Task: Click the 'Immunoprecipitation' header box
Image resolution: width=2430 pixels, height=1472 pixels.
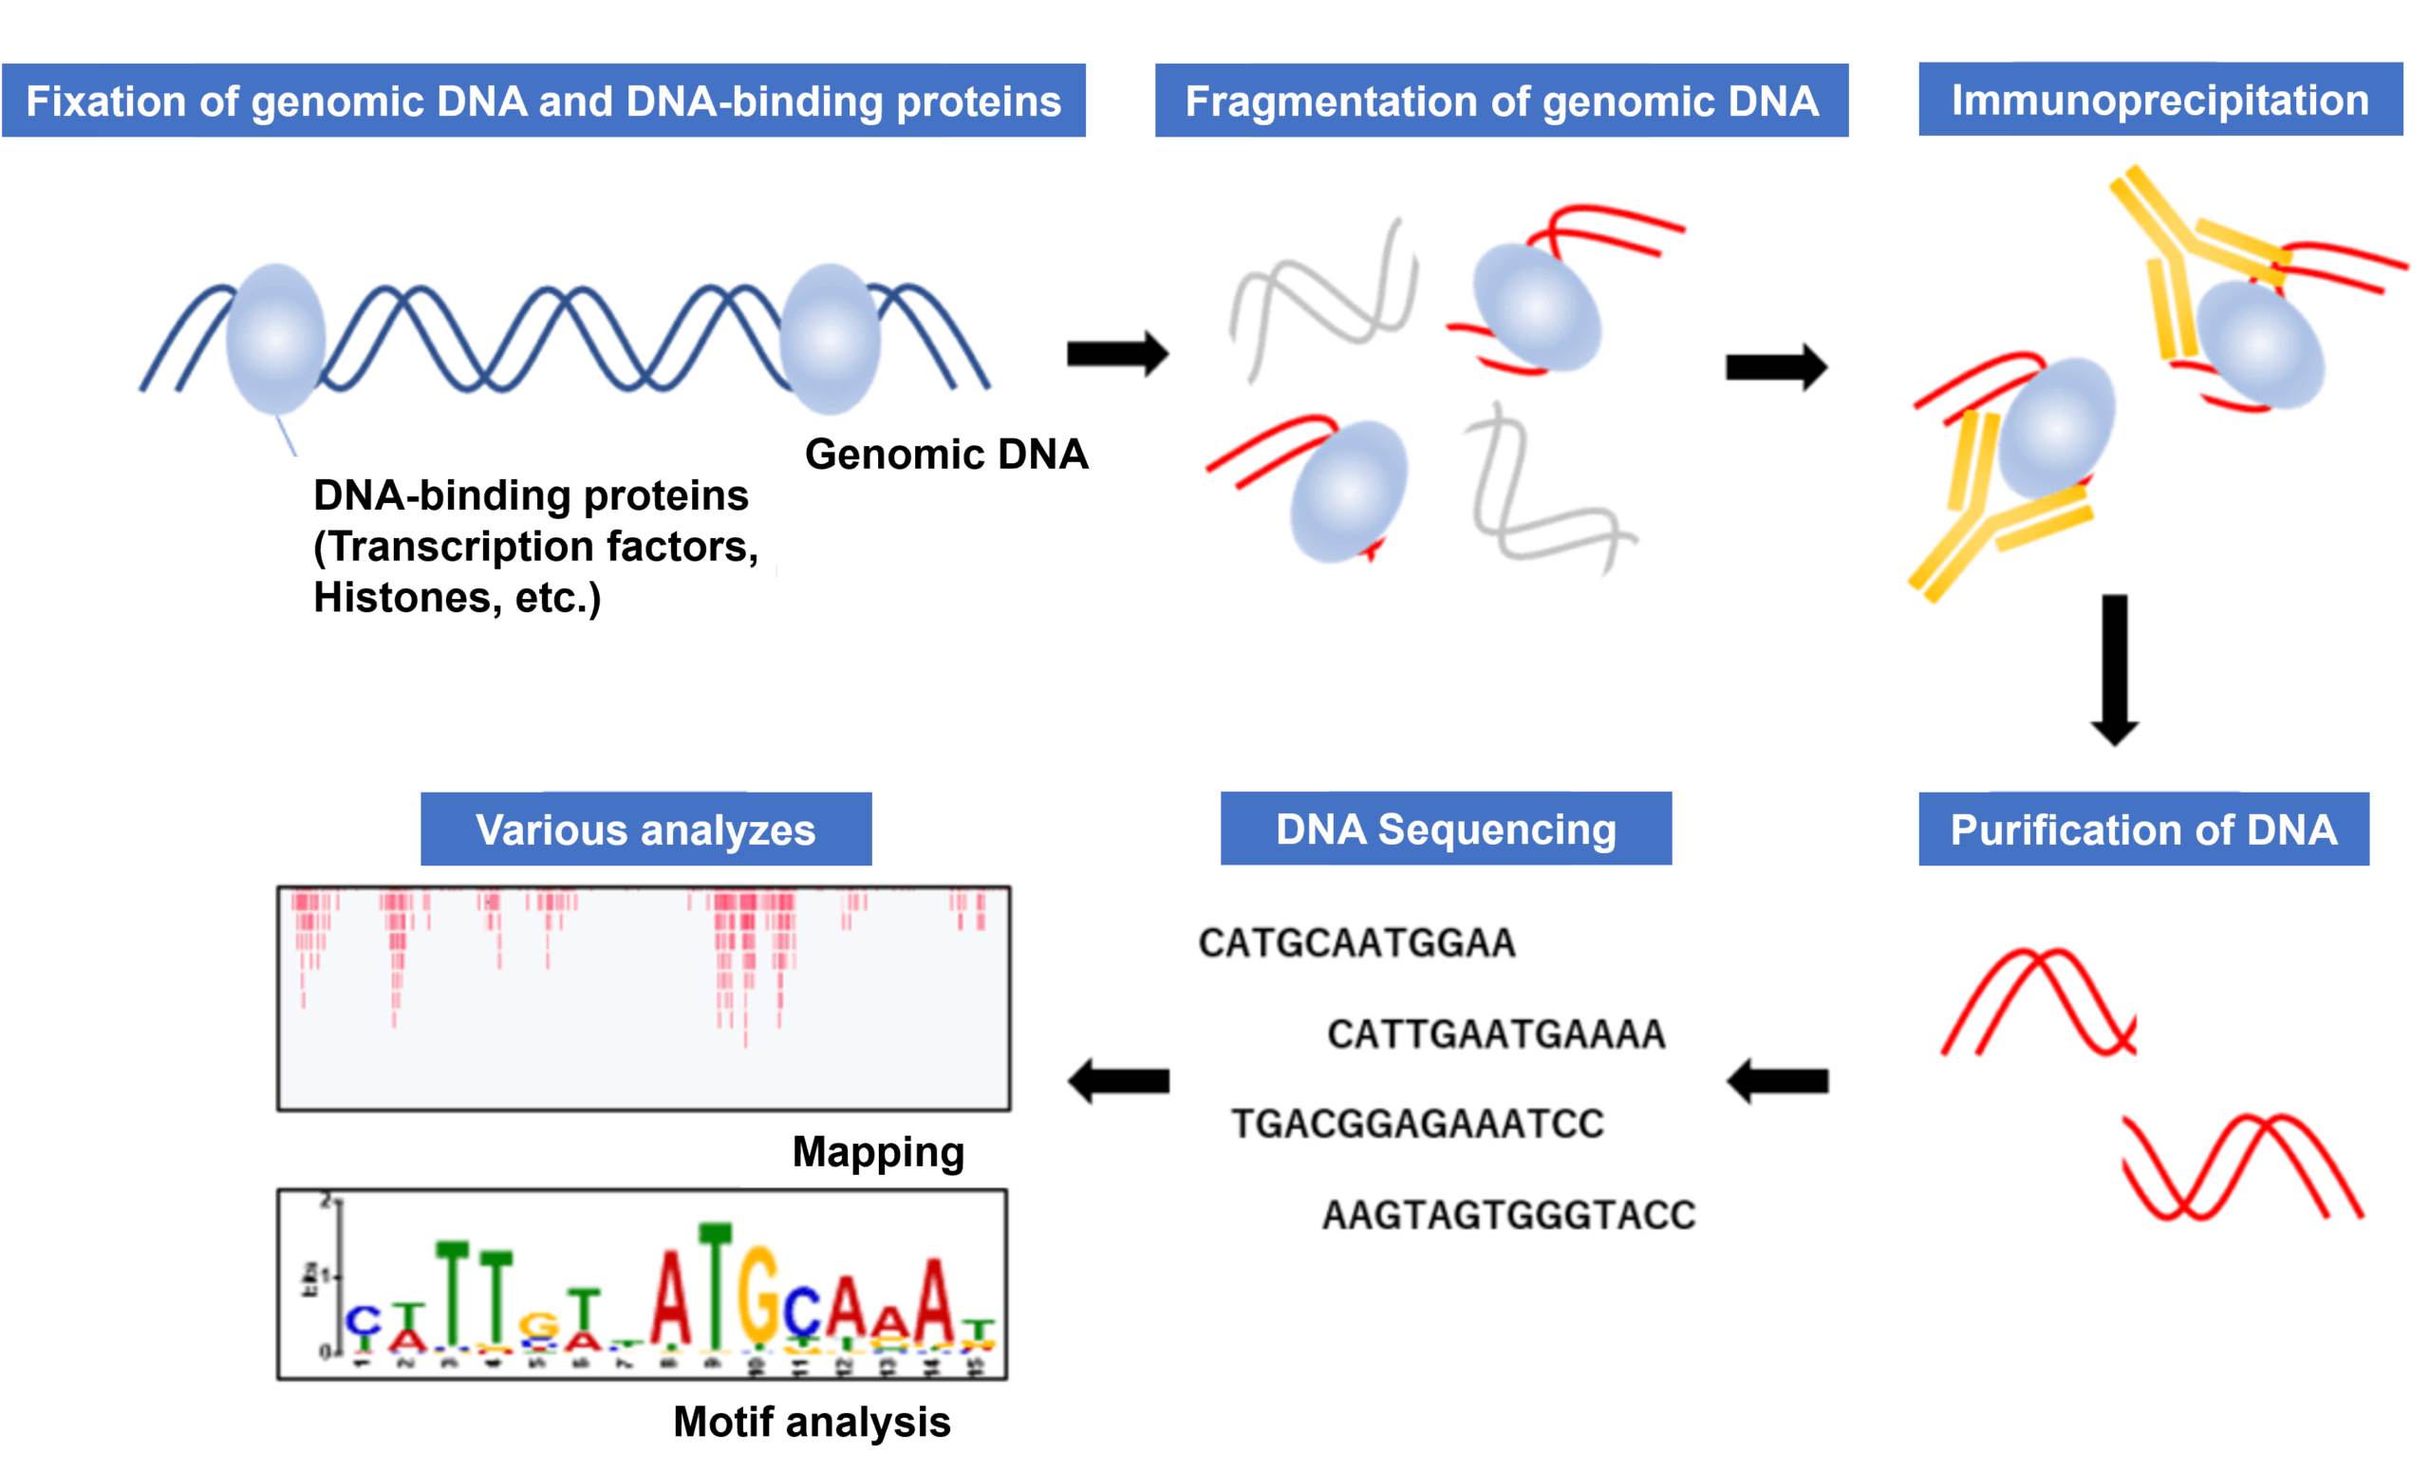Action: (x=2159, y=100)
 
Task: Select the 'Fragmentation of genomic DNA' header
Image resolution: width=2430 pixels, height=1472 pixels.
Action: (x=1501, y=101)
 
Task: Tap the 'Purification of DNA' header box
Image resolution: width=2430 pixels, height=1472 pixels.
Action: (x=2143, y=829)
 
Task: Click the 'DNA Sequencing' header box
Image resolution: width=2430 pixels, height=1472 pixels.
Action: (x=1446, y=829)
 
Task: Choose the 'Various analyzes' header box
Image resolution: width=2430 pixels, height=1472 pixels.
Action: (x=646, y=829)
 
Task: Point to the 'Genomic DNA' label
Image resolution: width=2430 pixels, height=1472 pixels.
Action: (x=945, y=455)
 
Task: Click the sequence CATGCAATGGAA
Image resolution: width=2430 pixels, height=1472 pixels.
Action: (x=1357, y=943)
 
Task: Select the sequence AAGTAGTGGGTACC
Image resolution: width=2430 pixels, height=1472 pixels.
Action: (x=1509, y=1215)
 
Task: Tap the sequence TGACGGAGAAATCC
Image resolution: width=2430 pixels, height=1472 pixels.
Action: (x=1418, y=1124)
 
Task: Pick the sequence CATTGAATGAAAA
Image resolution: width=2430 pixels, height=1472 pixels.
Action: (x=1496, y=1034)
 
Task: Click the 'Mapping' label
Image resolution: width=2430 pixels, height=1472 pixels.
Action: (x=878, y=1151)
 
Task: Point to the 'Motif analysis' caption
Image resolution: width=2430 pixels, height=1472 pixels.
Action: (x=812, y=1422)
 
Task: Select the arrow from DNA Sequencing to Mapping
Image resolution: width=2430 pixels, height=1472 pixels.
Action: (x=1118, y=1082)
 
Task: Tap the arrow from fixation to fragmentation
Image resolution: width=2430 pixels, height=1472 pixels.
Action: (x=1117, y=354)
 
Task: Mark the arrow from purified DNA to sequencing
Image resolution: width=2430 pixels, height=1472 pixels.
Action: (x=1777, y=1082)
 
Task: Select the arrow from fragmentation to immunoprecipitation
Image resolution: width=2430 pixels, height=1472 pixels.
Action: (x=1776, y=367)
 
